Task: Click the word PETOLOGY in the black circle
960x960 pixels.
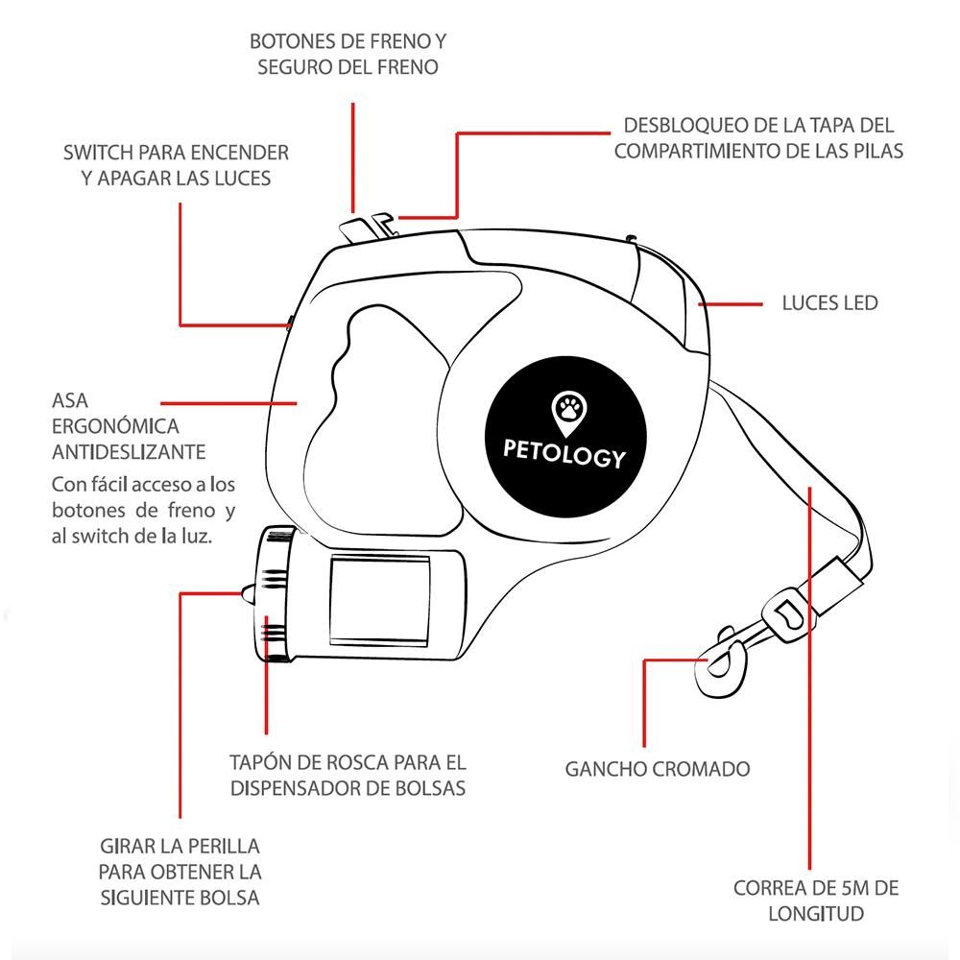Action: click(x=565, y=455)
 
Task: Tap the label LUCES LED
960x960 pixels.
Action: click(x=829, y=303)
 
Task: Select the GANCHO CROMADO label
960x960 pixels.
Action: click(x=657, y=769)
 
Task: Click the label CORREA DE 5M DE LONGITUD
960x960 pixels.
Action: click(x=816, y=900)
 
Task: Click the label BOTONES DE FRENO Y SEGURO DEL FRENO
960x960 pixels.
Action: click(x=348, y=55)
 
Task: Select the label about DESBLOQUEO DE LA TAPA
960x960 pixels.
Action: click(x=758, y=138)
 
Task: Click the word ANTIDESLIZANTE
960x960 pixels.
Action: click(x=129, y=451)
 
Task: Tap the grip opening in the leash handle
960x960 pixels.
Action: click(x=379, y=394)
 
